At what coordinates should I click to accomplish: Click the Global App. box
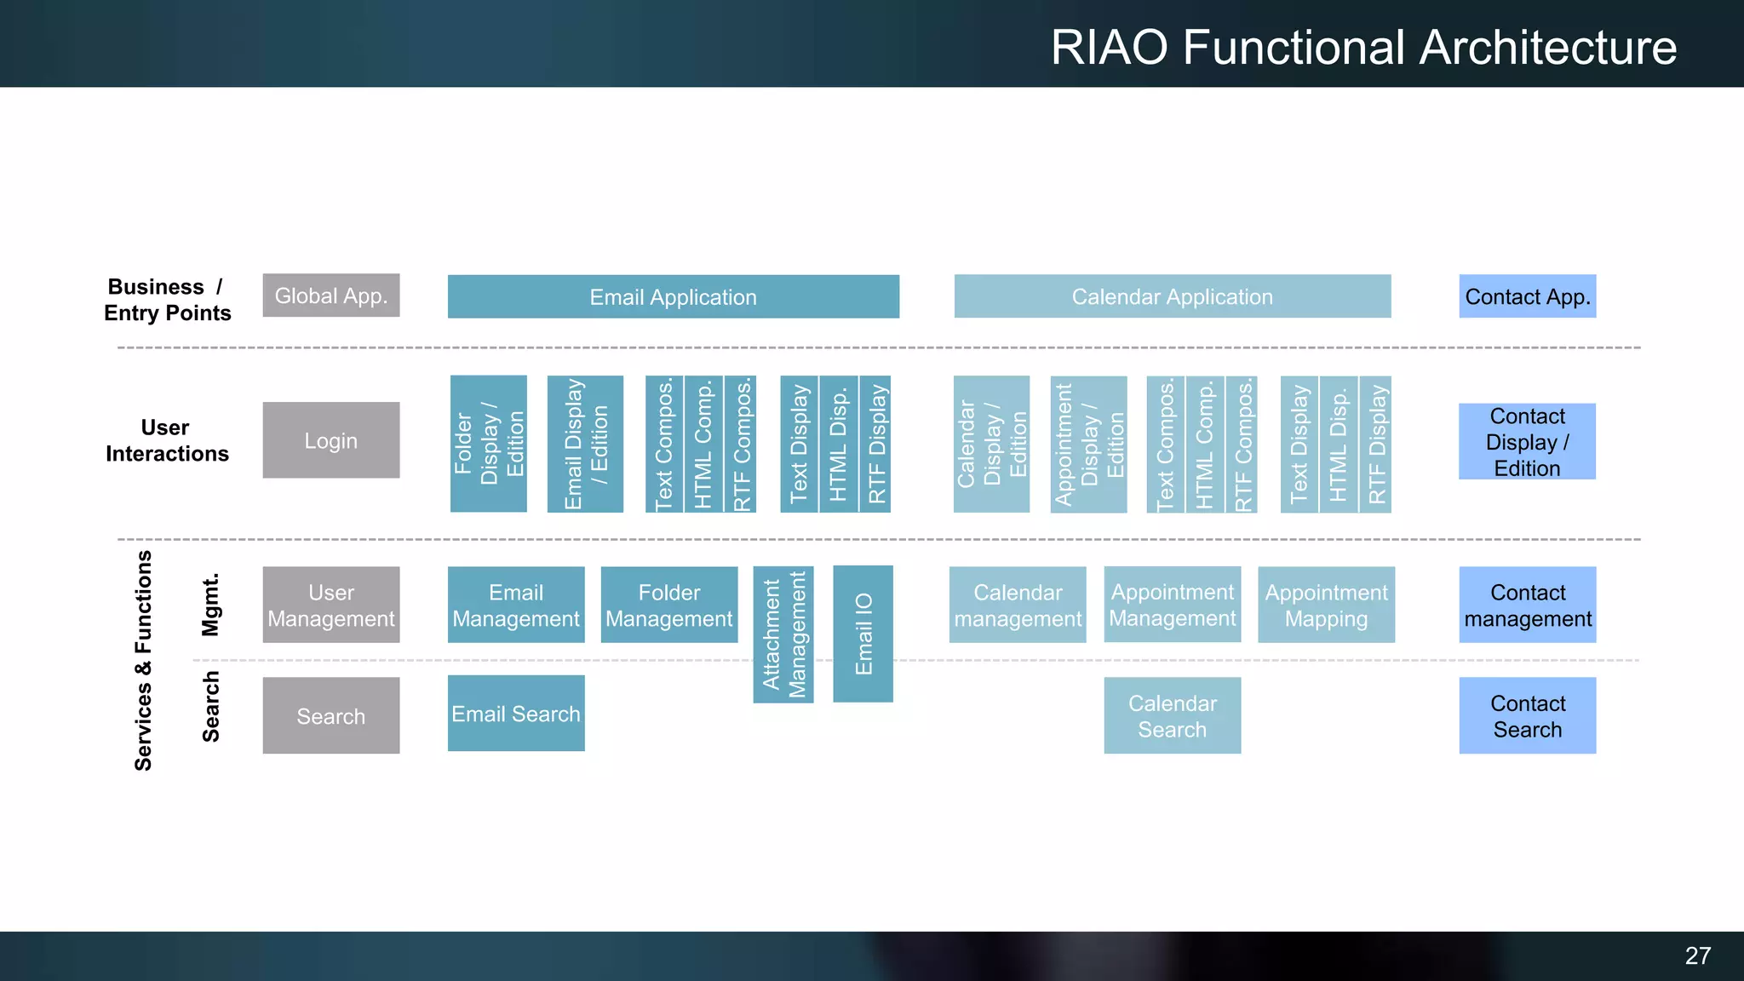(x=330, y=295)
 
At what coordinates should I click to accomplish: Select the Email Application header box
(x=673, y=296)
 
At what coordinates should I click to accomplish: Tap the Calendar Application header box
(x=1172, y=296)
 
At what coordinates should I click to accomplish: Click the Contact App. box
(x=1527, y=296)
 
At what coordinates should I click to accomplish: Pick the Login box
(x=330, y=440)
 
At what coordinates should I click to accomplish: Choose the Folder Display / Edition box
(x=488, y=444)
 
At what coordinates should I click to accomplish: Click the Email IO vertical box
(x=863, y=634)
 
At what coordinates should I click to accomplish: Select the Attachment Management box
(x=783, y=634)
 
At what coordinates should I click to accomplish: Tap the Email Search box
(x=516, y=714)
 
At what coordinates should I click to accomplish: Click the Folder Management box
(x=668, y=605)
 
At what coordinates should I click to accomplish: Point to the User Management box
(x=330, y=605)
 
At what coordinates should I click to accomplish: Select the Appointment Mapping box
(x=1326, y=605)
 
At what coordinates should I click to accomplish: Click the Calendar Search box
(x=1172, y=715)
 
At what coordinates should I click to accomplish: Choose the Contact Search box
(x=1527, y=715)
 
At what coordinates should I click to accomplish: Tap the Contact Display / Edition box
(x=1527, y=441)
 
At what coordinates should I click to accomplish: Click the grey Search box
(x=330, y=715)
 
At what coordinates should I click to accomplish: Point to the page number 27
(x=1697, y=955)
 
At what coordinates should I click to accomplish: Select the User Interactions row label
(x=167, y=440)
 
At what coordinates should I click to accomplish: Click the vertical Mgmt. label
(x=210, y=605)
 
